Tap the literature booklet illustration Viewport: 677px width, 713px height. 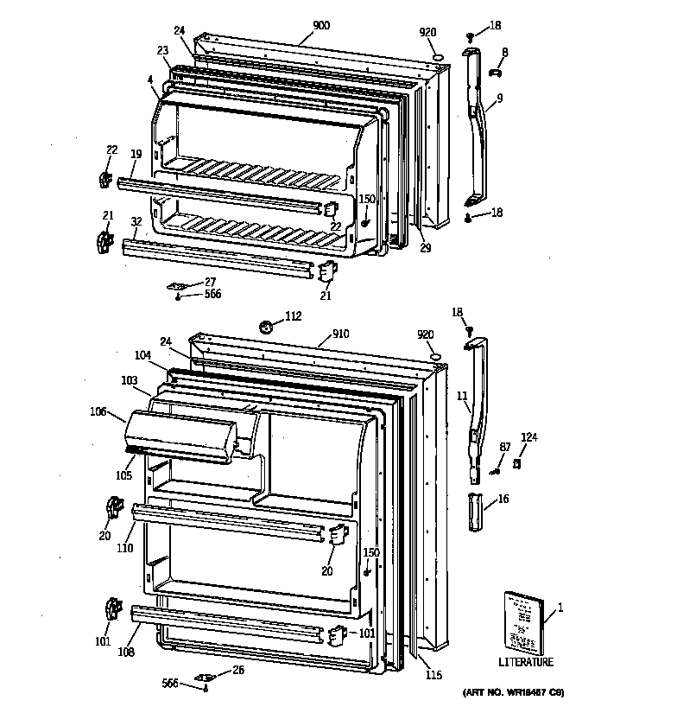coord(523,622)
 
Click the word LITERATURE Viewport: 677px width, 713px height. coord(526,663)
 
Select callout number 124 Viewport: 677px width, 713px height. coord(528,438)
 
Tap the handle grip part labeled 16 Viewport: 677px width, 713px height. coord(476,513)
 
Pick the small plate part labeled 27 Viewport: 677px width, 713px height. coord(179,286)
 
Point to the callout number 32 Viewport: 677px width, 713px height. coord(136,222)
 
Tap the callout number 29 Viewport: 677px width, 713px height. coord(425,248)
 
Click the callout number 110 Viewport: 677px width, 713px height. coord(126,548)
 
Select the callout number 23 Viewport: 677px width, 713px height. coord(162,50)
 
